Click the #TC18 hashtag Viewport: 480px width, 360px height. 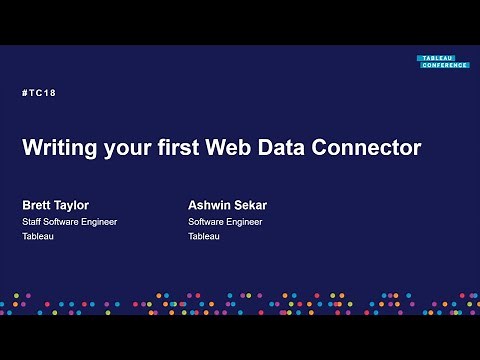[38, 93]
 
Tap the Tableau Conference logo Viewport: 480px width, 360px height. [443, 62]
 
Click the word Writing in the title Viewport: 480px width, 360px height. [61, 148]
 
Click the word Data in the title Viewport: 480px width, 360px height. [294, 148]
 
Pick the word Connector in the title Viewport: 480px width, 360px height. [373, 148]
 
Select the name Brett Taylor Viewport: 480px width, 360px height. [55, 205]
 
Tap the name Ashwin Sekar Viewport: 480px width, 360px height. [227, 205]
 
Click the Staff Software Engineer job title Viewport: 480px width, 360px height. [70, 222]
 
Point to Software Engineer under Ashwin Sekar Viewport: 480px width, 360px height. [225, 222]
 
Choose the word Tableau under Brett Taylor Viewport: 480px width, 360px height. [38, 237]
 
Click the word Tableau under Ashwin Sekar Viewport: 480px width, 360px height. [204, 237]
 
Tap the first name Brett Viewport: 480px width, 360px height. [37, 205]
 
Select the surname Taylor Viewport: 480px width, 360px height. [72, 205]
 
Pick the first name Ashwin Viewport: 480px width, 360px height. [209, 205]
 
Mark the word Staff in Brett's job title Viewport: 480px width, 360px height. [32, 222]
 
